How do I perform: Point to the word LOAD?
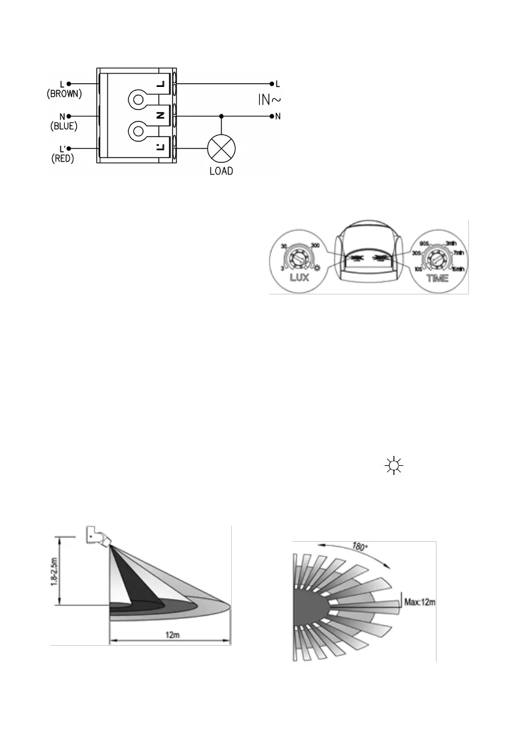pos(221,171)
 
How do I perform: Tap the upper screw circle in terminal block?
pos(138,100)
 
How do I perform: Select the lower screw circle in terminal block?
pos(138,131)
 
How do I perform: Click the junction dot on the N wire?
pos(221,115)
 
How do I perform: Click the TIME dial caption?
pos(436,278)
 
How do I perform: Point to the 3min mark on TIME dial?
pos(451,242)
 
